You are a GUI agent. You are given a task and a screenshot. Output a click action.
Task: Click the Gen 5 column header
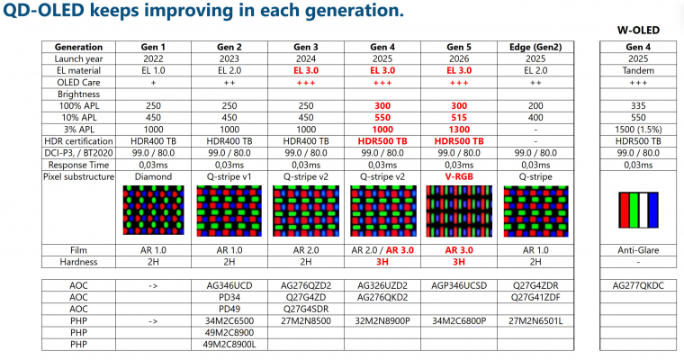tap(460, 47)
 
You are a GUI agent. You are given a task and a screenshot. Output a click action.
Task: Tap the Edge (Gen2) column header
tap(535, 47)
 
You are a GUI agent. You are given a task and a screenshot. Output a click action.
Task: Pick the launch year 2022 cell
tap(152, 58)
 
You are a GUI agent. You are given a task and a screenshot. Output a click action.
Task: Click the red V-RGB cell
tap(460, 176)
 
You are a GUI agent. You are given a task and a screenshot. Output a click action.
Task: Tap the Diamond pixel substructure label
tap(152, 176)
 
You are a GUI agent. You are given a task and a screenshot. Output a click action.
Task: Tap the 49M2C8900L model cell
tap(229, 343)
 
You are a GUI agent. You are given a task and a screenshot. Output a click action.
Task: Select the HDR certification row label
tap(78, 141)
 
